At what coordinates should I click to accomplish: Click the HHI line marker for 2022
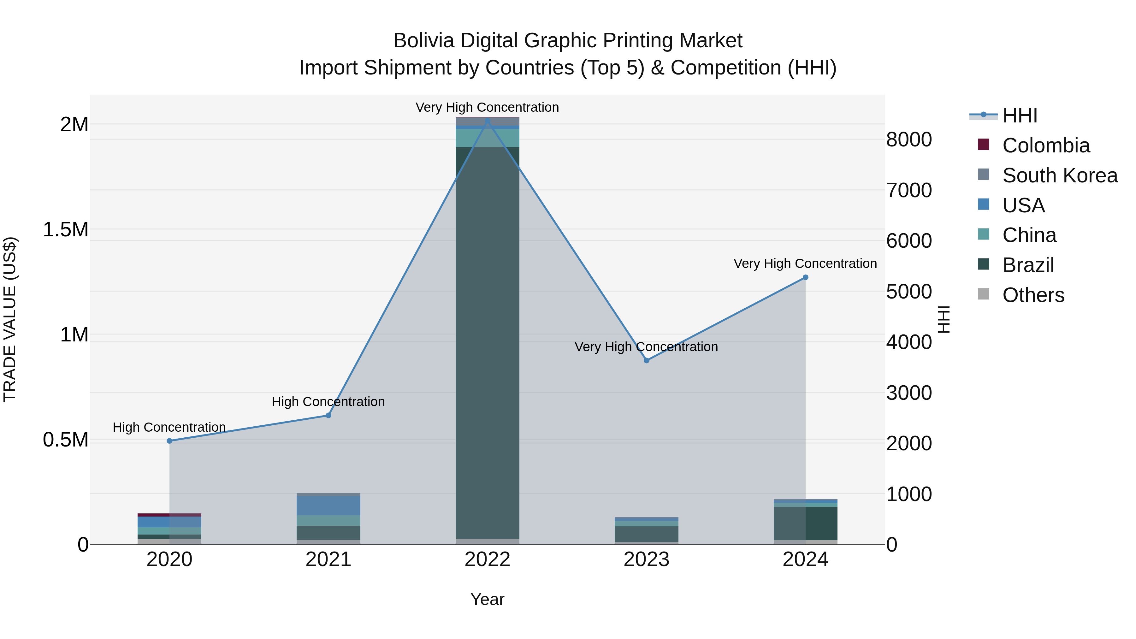click(487, 121)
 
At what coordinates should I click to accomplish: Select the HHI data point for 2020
click(169, 441)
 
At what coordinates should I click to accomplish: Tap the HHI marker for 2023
click(647, 360)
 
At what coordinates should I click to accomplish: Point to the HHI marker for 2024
click(805, 277)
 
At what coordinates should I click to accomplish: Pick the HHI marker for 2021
click(328, 415)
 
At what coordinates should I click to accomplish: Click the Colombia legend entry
click(1045, 145)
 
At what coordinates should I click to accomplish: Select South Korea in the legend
click(1059, 175)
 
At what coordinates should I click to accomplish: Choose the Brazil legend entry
click(1027, 265)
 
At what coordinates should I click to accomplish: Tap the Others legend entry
click(1033, 295)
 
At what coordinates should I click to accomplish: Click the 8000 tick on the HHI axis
click(909, 140)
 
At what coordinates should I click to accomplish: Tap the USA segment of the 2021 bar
click(328, 506)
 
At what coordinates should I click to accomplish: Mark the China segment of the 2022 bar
click(487, 138)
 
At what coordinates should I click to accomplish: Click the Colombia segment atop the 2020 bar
click(169, 515)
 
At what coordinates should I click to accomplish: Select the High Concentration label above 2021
click(328, 402)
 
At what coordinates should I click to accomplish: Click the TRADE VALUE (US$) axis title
click(10, 319)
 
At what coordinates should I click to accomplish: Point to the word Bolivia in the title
click(423, 41)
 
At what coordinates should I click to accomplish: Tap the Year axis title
click(487, 599)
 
